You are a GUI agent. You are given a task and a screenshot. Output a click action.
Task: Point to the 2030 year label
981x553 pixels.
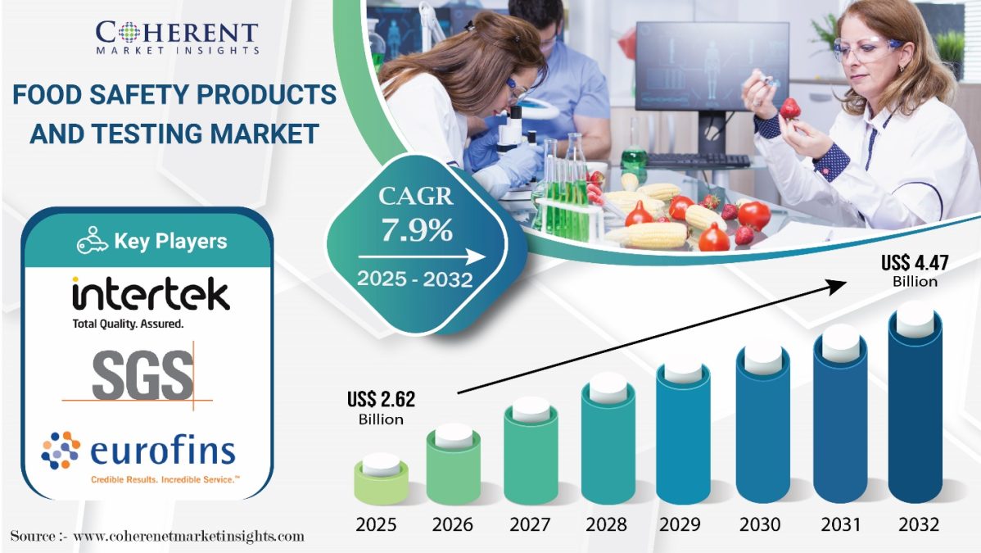[x=760, y=524]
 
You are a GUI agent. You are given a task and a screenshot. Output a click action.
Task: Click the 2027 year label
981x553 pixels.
[x=530, y=524]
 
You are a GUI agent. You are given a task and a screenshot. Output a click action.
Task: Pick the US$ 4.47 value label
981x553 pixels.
[x=915, y=270]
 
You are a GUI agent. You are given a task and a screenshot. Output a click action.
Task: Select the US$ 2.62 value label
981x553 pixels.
[x=381, y=408]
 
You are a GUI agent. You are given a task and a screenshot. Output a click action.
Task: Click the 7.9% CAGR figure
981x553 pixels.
[x=417, y=230]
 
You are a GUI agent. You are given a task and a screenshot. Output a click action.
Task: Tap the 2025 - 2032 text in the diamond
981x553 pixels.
[x=415, y=279]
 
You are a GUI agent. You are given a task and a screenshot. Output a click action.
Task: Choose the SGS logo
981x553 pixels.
[x=142, y=375]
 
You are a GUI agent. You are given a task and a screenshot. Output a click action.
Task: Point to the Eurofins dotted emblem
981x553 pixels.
[x=61, y=451]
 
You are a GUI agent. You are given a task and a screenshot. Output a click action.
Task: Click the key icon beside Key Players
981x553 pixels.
[x=92, y=241]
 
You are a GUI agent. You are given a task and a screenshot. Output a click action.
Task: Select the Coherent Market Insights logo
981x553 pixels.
[x=177, y=38]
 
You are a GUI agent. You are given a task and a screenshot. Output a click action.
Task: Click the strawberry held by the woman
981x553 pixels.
[x=790, y=108]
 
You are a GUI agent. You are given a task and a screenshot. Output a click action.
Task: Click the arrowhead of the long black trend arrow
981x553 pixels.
[x=838, y=286]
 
